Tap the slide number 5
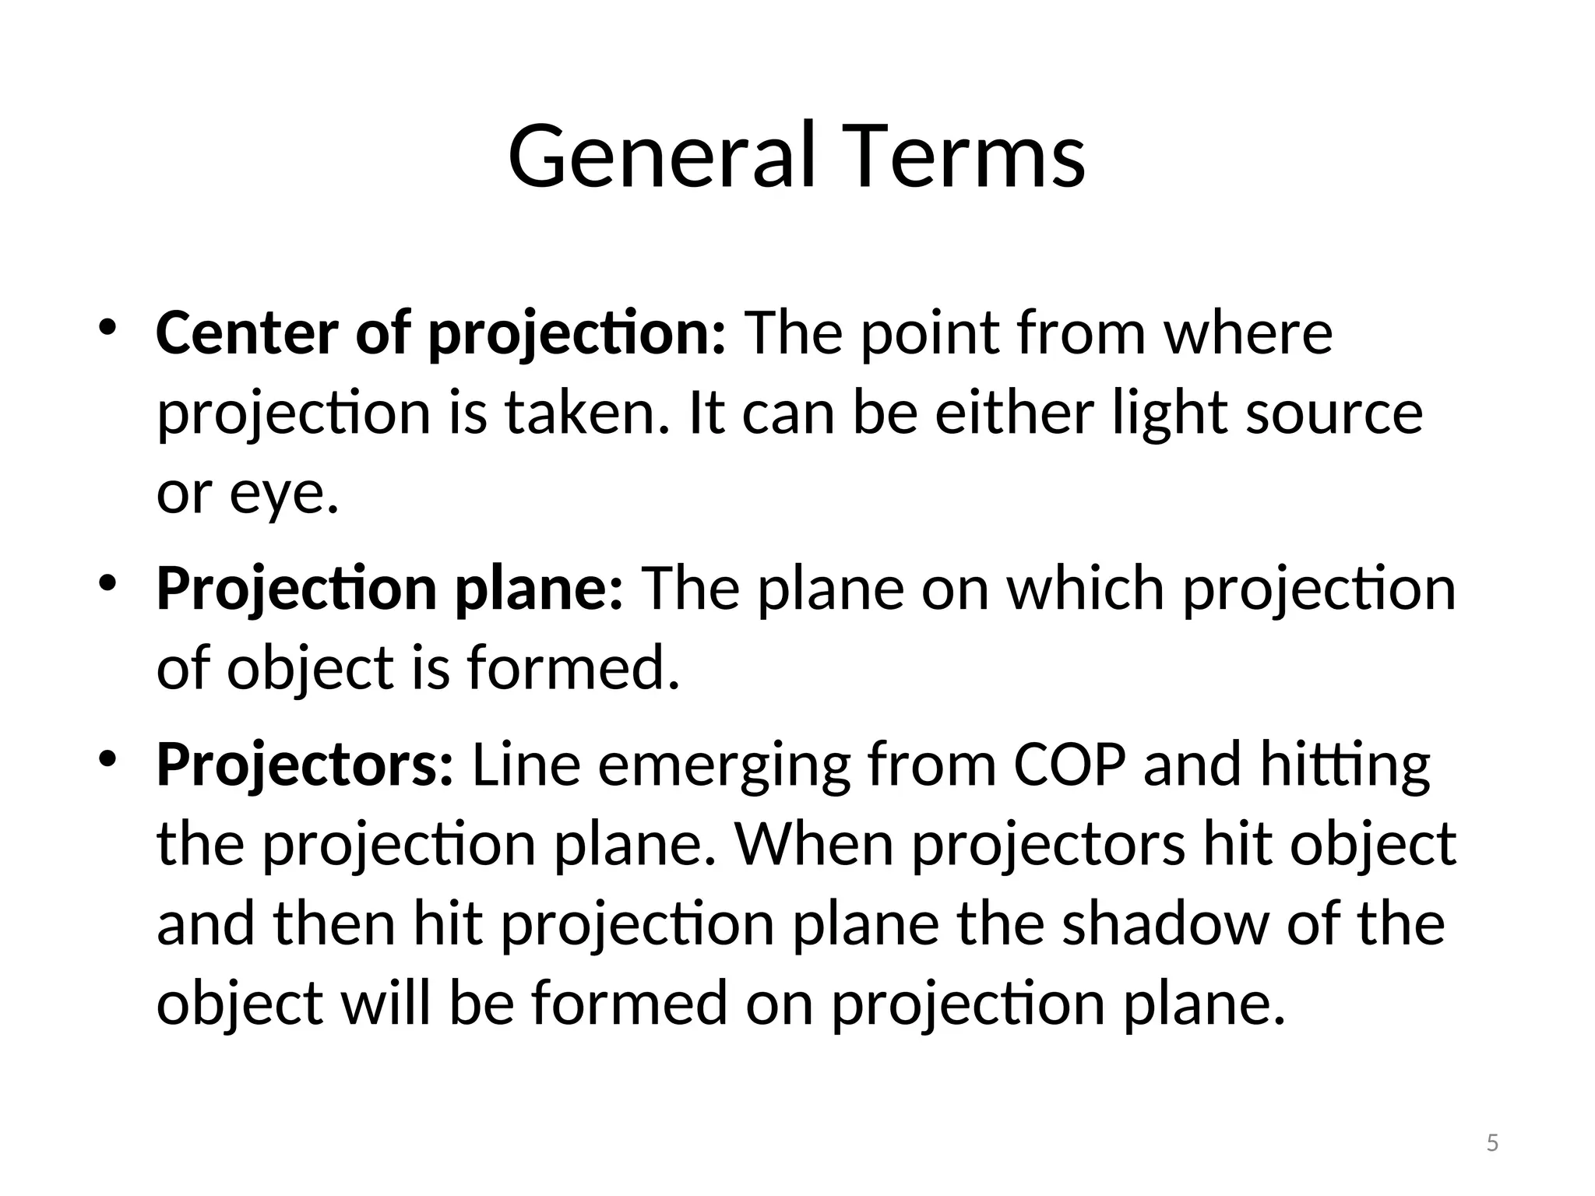(x=1492, y=1143)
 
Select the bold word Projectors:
(x=305, y=766)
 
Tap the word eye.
(x=284, y=495)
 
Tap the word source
(x=1334, y=414)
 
